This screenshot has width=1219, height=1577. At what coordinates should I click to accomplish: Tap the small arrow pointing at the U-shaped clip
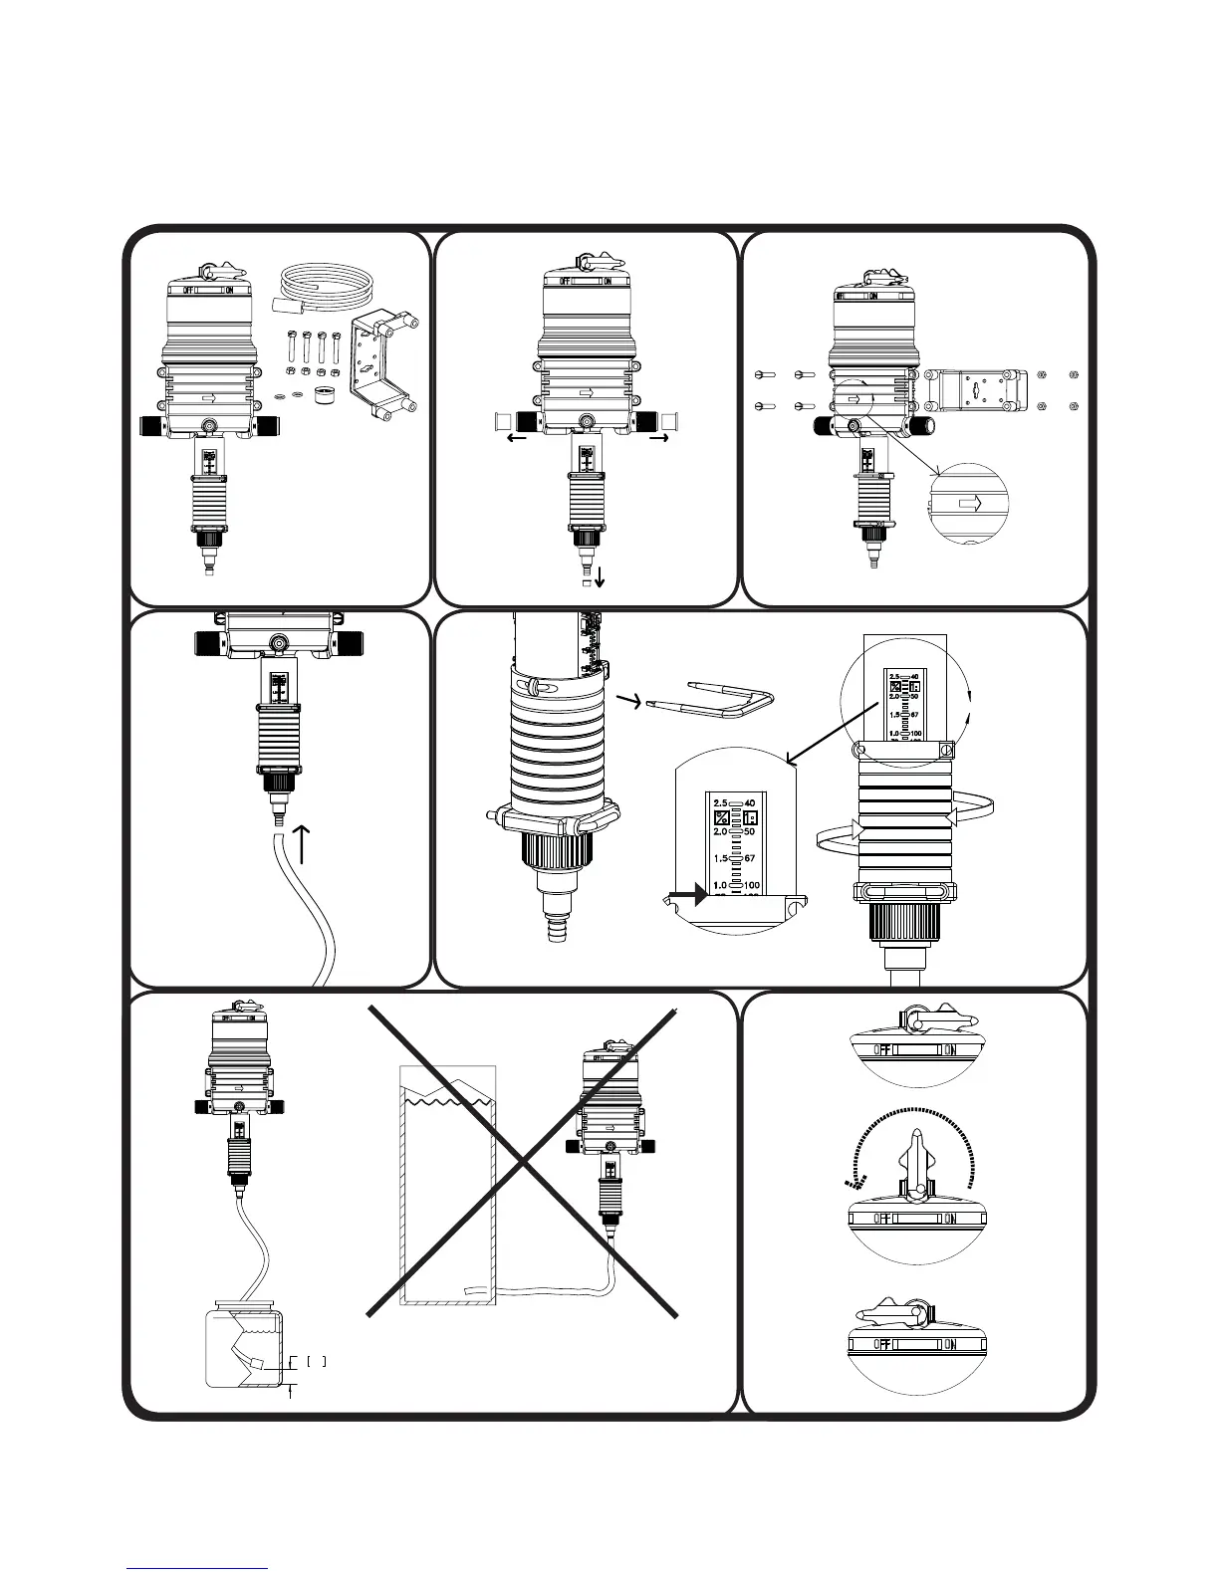click(629, 703)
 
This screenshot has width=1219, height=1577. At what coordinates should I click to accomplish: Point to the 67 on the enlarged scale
click(751, 858)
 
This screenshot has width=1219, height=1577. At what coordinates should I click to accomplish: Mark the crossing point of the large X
click(522, 1162)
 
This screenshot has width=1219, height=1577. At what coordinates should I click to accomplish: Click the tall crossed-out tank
click(447, 1185)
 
